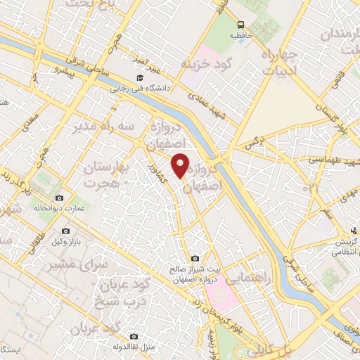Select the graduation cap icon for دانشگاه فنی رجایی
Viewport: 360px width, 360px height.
139,78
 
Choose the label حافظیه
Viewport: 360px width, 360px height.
241,34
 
